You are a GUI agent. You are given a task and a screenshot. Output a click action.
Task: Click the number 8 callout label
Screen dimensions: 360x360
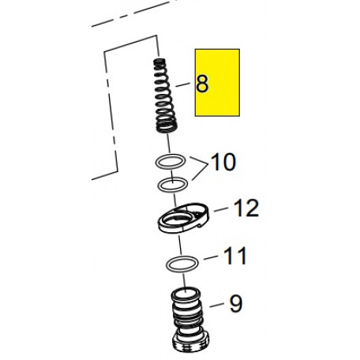(x=202, y=84)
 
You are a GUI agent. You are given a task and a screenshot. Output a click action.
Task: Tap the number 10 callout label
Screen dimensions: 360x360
(x=223, y=162)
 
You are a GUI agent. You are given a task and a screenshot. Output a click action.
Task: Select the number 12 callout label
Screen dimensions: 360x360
(x=246, y=208)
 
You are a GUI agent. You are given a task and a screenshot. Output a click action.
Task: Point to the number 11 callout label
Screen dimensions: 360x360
(x=235, y=256)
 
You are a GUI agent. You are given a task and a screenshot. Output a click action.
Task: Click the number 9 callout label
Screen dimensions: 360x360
(x=235, y=304)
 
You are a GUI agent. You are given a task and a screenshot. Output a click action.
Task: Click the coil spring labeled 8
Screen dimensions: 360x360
(x=164, y=96)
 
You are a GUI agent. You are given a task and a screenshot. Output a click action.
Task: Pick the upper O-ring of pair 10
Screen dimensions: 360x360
(x=171, y=161)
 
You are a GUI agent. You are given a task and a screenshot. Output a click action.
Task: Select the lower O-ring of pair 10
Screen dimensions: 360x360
(x=173, y=185)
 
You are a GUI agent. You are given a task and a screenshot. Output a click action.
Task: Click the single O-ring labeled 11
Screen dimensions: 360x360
(x=182, y=264)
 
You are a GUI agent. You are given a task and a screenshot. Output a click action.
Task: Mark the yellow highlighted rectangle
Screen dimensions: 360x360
(x=217, y=82)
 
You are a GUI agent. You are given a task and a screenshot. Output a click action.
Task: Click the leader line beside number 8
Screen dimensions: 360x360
(x=182, y=84)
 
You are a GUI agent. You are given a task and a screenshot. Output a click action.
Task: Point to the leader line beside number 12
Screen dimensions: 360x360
(x=221, y=209)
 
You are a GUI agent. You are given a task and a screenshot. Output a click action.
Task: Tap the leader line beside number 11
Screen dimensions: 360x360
(x=211, y=257)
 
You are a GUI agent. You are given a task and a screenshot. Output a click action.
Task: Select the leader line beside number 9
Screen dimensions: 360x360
(x=216, y=305)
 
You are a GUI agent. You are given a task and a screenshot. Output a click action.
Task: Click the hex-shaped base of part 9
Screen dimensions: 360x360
(x=191, y=342)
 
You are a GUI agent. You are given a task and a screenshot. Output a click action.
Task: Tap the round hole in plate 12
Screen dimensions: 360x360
(x=177, y=218)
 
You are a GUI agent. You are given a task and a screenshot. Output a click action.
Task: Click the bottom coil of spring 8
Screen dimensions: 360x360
(x=166, y=128)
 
